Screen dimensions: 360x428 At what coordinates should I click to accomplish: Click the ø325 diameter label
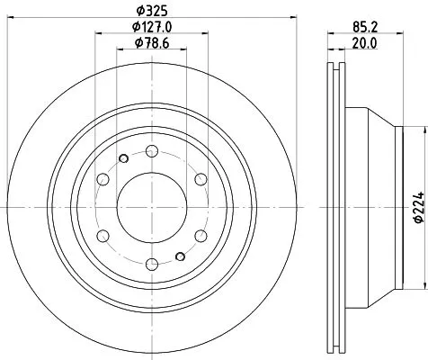(152, 11)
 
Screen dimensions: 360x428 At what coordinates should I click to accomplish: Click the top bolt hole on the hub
(152, 150)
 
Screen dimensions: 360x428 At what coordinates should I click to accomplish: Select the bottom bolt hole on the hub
(152, 263)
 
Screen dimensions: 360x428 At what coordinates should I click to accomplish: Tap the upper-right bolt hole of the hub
(201, 178)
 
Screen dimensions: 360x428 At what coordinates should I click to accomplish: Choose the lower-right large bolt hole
(201, 235)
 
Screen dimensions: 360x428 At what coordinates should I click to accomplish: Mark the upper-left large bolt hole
(103, 178)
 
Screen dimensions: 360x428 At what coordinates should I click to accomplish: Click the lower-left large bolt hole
(103, 235)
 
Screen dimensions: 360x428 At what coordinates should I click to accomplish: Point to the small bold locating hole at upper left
(120, 159)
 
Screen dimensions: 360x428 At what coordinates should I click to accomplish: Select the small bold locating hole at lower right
(183, 255)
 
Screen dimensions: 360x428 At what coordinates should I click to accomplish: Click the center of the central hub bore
(152, 207)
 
